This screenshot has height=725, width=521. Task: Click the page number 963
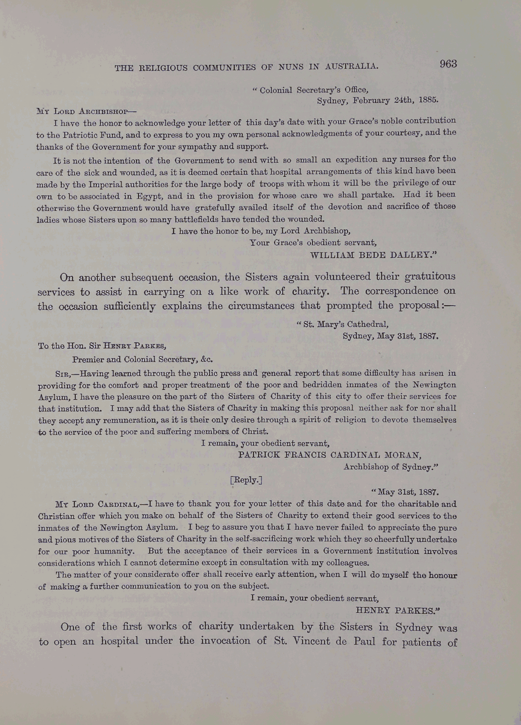point(448,64)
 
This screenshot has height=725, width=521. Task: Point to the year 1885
point(428,100)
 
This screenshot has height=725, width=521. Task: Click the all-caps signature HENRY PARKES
point(398,610)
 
